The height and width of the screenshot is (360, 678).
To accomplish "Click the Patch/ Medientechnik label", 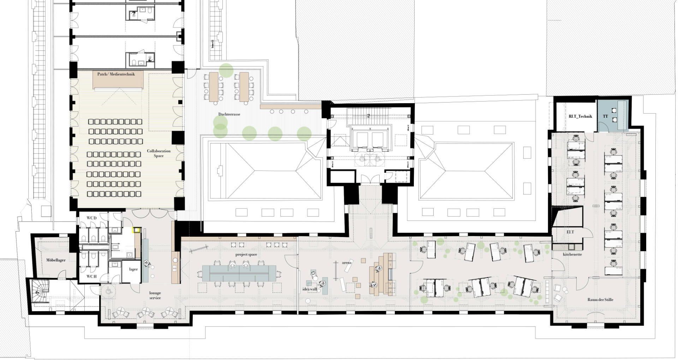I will (116, 74).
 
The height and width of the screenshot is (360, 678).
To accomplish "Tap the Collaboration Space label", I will (159, 153).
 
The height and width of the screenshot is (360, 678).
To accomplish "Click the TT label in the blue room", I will (605, 116).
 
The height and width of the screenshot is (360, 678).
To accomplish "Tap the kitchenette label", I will (572, 254).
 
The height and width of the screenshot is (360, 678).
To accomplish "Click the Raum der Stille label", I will (600, 300).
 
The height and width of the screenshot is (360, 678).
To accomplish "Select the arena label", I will (347, 262).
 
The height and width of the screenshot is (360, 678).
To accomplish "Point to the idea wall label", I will (310, 289).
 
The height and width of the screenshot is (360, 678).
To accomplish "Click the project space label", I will (246, 254).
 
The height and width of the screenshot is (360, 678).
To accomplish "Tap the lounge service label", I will (155, 295).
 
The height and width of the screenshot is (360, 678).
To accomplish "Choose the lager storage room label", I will (133, 269).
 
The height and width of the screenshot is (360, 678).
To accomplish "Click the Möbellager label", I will (56, 260).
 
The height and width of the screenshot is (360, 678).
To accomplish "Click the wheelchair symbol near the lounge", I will (108, 291).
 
